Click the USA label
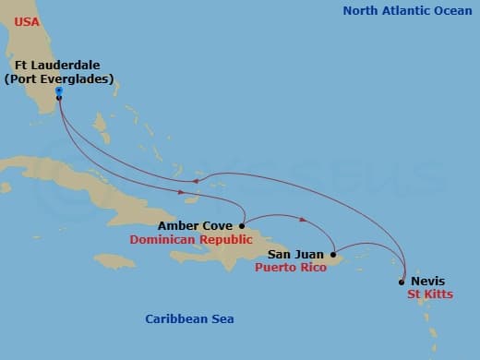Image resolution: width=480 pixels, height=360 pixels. pos(28,20)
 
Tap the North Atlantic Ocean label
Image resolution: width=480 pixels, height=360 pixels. pos(406,11)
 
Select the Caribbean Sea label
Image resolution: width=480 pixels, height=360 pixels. pos(189,319)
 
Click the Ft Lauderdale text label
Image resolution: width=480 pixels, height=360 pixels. pos(57,65)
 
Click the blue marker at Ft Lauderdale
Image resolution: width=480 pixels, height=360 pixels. pos(58,90)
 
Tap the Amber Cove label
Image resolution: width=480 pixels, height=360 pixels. pos(195,225)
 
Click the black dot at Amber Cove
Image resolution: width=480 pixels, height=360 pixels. pos(242,225)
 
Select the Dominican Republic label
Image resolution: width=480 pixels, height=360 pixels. pos(191,239)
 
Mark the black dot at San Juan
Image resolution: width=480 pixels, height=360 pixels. pos(332,254)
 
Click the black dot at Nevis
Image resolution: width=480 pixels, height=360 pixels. pos(402,282)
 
